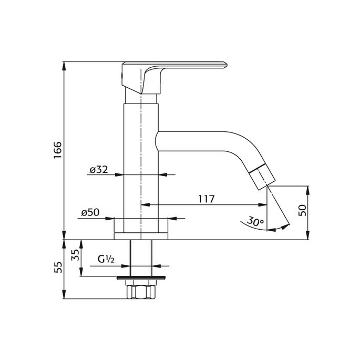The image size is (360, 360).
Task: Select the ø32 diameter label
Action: (99, 169)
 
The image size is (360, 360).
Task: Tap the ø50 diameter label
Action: (91, 213)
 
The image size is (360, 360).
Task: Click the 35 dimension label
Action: (74, 256)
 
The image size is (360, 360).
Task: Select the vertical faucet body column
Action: (141, 158)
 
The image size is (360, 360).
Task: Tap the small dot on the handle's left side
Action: (125, 78)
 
